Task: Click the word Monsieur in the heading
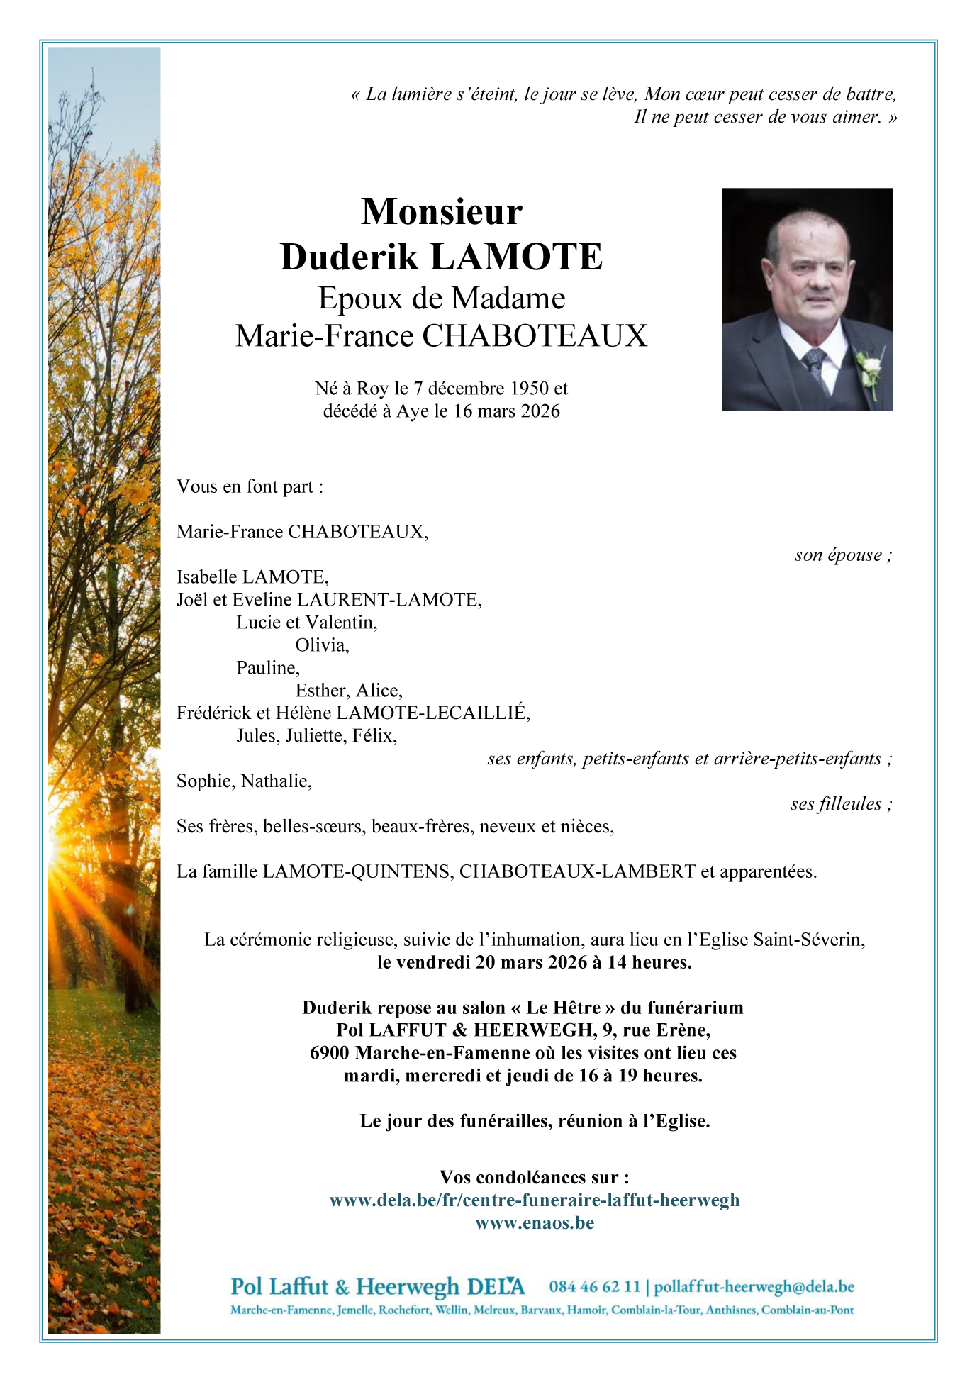[x=441, y=212]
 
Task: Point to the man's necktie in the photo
[x=813, y=364]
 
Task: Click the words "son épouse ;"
[x=842, y=555]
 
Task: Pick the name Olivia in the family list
[x=322, y=645]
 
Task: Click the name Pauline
[x=268, y=668]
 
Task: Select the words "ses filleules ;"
[x=840, y=804]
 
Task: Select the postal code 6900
[x=330, y=1053]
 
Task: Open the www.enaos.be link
[x=535, y=1223]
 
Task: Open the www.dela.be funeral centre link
[x=535, y=1200]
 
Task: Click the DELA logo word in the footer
[x=496, y=1287]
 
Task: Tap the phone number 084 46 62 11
[x=594, y=1287]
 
